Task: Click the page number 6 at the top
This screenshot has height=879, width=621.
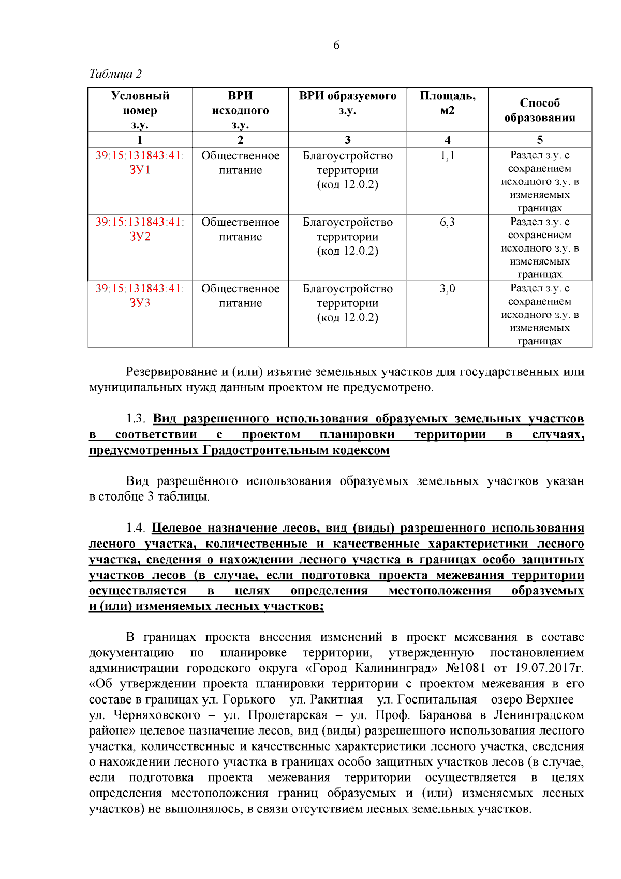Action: pyautogui.click(x=336, y=45)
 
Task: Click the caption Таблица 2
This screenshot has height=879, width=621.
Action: pyautogui.click(x=115, y=74)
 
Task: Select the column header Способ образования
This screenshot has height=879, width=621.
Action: pyautogui.click(x=540, y=110)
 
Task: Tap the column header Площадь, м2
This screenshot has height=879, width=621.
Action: pyautogui.click(x=448, y=103)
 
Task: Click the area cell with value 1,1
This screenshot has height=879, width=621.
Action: pyautogui.click(x=448, y=156)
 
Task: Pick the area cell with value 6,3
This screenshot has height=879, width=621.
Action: pyautogui.click(x=448, y=222)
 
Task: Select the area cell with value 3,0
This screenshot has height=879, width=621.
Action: pyautogui.click(x=448, y=289)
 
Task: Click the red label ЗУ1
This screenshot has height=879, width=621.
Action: pyautogui.click(x=140, y=170)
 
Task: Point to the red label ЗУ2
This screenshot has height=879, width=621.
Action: pyautogui.click(x=140, y=237)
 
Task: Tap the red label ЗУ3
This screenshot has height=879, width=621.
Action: pyautogui.click(x=140, y=303)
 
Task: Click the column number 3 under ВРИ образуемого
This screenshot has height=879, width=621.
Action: pyautogui.click(x=348, y=140)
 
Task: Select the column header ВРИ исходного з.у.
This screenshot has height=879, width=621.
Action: pyautogui.click(x=240, y=110)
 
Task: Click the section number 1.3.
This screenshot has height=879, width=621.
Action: pyautogui.click(x=136, y=419)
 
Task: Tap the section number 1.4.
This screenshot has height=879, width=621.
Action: pyautogui.click(x=136, y=528)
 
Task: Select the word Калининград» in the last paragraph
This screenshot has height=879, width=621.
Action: pyautogui.click(x=396, y=668)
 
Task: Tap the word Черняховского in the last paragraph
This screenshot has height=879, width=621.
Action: pyautogui.click(x=157, y=715)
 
